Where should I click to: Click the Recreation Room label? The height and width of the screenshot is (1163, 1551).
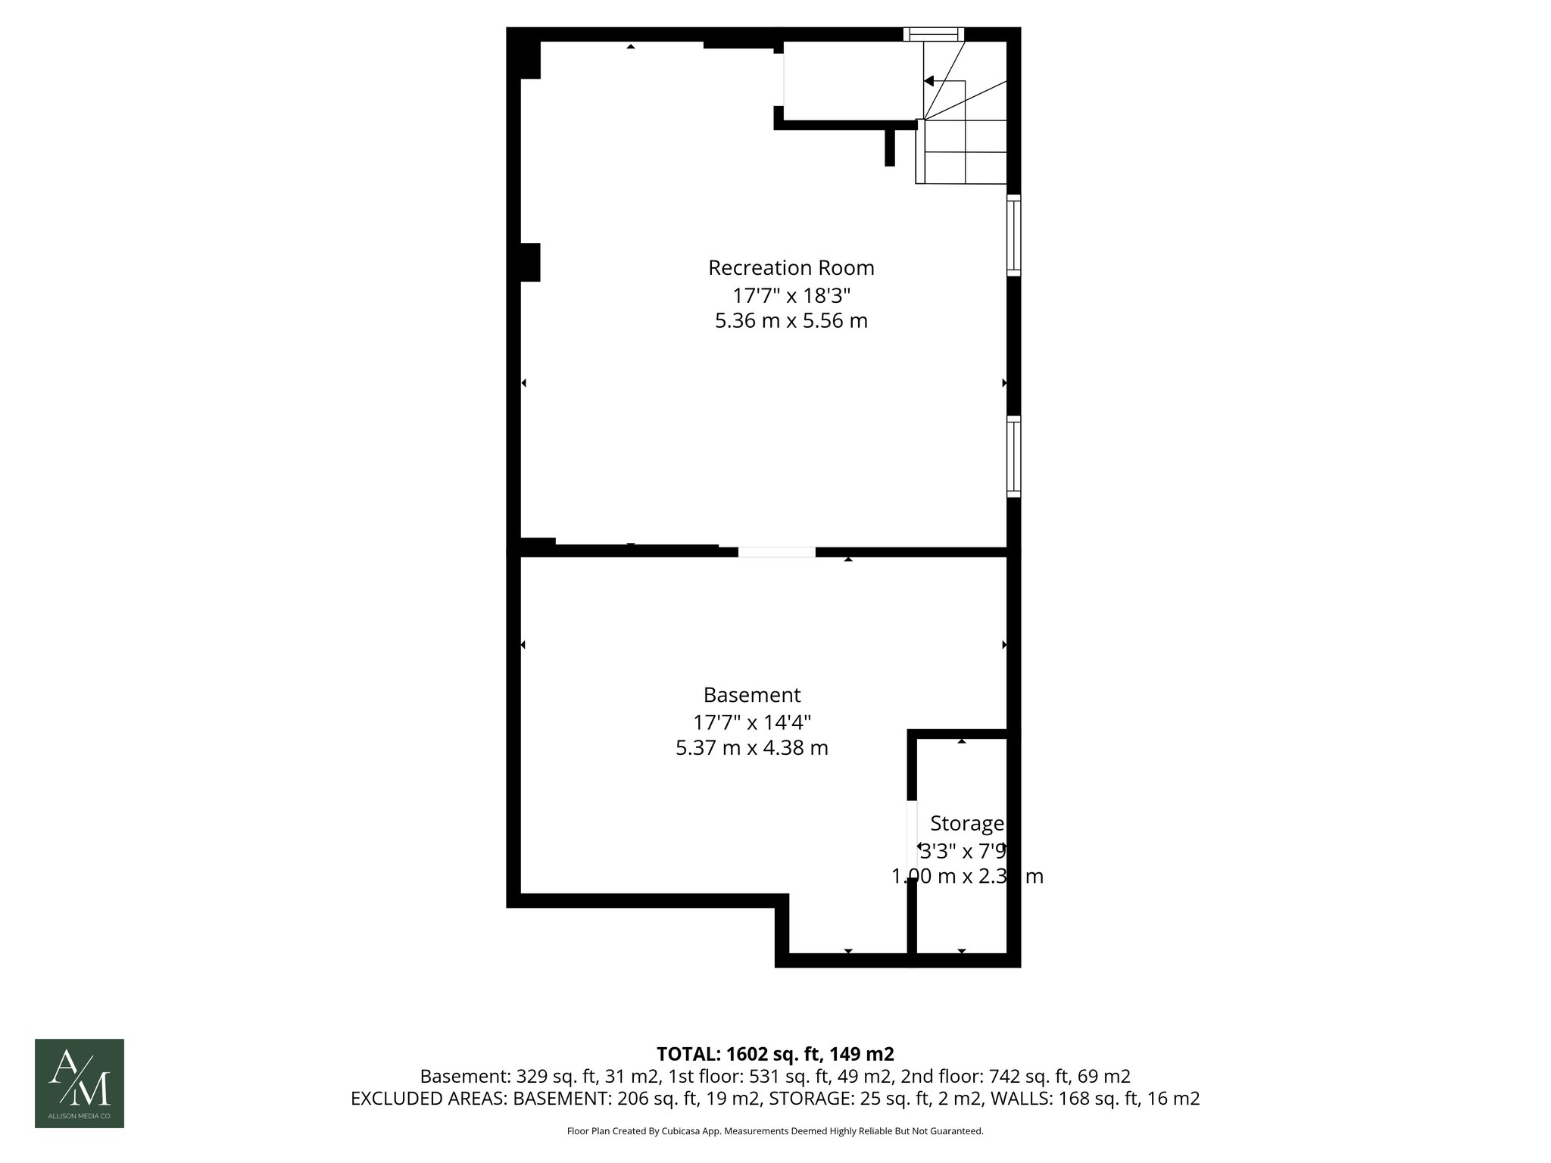click(x=791, y=268)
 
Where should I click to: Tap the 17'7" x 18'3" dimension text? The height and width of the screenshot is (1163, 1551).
click(x=791, y=295)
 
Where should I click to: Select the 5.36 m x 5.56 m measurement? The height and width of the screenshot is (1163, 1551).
click(x=791, y=321)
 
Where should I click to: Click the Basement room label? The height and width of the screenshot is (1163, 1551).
click(x=751, y=695)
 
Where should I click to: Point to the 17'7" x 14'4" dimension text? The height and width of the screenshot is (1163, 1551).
click(x=751, y=722)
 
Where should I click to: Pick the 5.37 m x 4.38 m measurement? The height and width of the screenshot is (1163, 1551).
click(x=751, y=748)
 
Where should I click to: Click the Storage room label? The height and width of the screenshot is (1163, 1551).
click(x=966, y=823)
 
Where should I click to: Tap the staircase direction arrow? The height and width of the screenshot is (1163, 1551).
click(x=929, y=81)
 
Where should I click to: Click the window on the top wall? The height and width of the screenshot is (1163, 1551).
click(x=934, y=34)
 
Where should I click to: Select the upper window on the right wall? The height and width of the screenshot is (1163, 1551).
click(x=1013, y=235)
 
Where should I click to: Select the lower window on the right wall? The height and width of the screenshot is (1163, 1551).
click(x=1013, y=457)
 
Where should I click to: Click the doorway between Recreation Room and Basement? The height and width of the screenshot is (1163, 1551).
click(x=777, y=552)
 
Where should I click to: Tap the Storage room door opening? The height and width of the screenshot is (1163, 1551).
click(x=912, y=839)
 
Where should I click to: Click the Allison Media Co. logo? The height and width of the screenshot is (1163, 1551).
click(x=80, y=1083)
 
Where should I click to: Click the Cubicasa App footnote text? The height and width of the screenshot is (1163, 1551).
click(x=775, y=1131)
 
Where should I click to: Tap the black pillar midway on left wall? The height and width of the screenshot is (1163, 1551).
click(x=529, y=262)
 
